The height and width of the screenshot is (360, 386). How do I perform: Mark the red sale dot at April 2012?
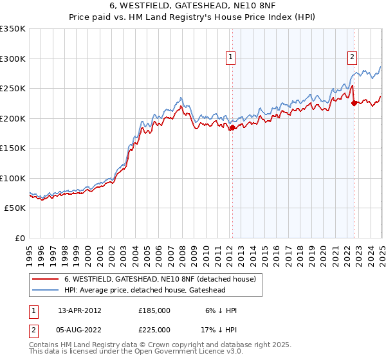232,128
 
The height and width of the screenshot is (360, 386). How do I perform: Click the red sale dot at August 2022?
354,104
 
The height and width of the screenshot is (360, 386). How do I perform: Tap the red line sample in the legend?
46,279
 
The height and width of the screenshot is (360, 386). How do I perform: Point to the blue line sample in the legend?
46,291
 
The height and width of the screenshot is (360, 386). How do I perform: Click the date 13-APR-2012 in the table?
80,310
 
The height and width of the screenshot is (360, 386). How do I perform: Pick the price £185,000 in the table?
154,310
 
